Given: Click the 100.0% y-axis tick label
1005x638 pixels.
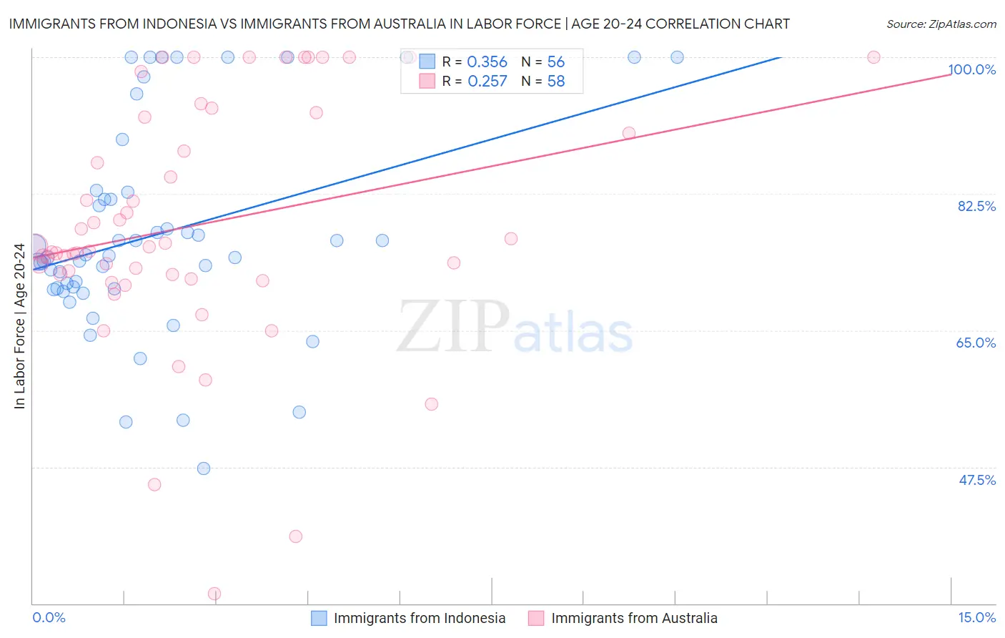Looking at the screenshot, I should click(972, 69).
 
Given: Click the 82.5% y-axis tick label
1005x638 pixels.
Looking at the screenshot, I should click(976, 206).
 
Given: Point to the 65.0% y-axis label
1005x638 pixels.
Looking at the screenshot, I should click(976, 343).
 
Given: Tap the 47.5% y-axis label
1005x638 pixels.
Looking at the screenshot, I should click(977, 480).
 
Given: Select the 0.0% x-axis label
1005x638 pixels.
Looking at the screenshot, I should click(49, 617).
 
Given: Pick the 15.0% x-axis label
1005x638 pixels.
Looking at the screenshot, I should click(976, 617).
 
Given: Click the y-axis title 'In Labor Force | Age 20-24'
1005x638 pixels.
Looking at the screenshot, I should click(19, 326).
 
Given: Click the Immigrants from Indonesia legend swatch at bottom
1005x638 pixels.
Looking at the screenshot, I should click(319, 618).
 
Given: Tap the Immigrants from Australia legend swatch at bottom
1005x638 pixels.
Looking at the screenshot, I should click(536, 618).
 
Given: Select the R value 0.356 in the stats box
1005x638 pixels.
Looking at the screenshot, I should click(487, 62).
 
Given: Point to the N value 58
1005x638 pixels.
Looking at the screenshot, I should click(555, 82).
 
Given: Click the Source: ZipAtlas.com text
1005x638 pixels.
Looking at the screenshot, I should click(941, 24).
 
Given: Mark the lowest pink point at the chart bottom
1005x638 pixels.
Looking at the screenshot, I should click(214, 594).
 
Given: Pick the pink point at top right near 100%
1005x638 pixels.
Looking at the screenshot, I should click(873, 57).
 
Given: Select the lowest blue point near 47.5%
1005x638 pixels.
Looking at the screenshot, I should click(204, 468).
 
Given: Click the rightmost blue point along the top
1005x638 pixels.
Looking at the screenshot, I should click(677, 57).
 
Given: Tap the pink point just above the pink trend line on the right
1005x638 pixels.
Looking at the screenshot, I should click(629, 133).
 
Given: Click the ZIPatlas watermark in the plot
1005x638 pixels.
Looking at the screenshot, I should click(515, 327).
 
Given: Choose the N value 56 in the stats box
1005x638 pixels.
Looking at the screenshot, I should click(555, 62).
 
